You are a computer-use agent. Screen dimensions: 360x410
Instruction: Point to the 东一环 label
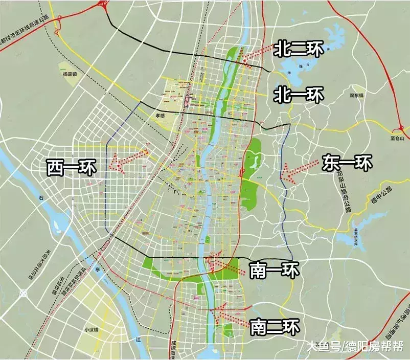(x=348, y=163)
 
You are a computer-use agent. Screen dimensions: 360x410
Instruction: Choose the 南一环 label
(x=274, y=269)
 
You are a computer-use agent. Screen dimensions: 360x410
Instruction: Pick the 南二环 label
(x=275, y=326)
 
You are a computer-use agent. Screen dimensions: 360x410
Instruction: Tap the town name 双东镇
(x=356, y=95)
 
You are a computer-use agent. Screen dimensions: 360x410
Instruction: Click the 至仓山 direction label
(x=396, y=138)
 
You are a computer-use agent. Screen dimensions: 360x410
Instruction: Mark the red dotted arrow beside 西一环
(x=128, y=159)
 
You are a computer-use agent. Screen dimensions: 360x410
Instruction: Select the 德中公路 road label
(x=381, y=196)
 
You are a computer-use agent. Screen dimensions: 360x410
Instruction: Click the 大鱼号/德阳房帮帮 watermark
(x=354, y=346)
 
